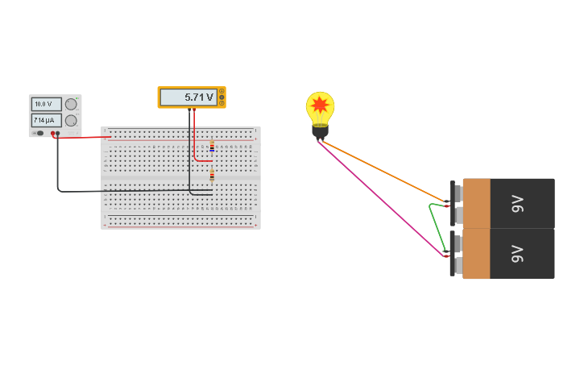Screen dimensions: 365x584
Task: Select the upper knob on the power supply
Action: tap(71, 104)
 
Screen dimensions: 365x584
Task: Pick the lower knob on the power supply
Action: tap(71, 120)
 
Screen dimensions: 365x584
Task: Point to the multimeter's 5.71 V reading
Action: tap(189, 97)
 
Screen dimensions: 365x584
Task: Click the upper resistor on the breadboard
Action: tap(212, 147)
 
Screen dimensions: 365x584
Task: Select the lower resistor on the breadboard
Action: tap(212, 175)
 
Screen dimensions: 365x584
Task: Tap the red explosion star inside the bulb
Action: tap(320, 106)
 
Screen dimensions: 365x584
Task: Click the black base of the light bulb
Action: tap(320, 131)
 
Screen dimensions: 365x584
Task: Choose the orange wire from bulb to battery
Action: tap(383, 171)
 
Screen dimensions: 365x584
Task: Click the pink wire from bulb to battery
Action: tap(379, 197)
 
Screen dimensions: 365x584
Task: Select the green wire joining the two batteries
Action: tap(433, 226)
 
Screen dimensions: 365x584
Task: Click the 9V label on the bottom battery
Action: tap(517, 254)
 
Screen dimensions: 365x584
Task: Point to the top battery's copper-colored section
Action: tap(476, 203)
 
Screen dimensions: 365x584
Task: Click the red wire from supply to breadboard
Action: tap(85, 137)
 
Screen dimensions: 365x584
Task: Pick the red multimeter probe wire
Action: tap(194, 141)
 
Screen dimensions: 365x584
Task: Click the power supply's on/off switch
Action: tap(39, 133)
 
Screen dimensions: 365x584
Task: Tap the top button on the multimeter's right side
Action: tap(222, 91)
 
